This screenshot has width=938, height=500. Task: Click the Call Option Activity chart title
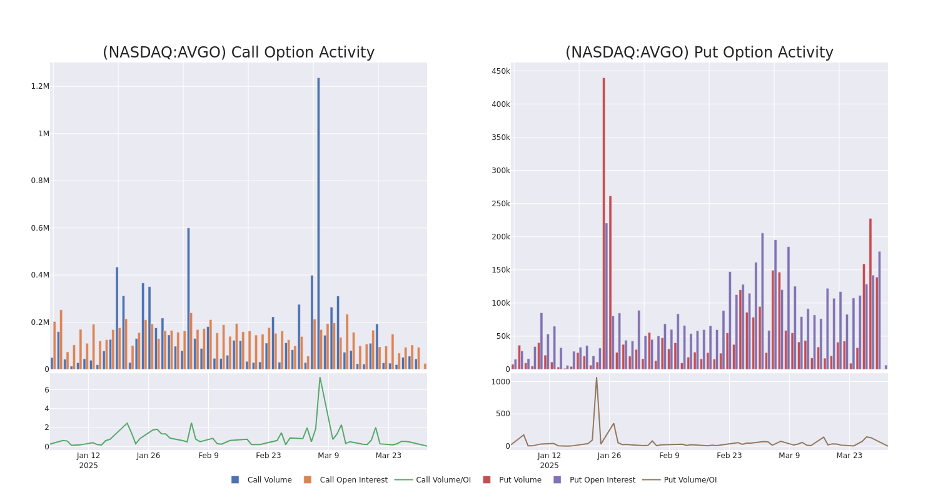pos(238,53)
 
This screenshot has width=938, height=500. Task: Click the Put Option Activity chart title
pos(698,53)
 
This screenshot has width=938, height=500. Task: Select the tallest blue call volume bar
pos(318,225)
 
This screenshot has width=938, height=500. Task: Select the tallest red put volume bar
pos(603,225)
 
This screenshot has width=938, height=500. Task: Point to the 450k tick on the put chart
pos(501,71)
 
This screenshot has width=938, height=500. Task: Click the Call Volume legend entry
pos(261,480)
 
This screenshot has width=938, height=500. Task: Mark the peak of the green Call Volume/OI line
pos(320,377)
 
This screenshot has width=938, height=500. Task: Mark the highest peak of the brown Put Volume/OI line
pos(596,377)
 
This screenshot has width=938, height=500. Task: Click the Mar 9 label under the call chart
pos(328,456)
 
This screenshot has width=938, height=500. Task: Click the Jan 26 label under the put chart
pos(609,456)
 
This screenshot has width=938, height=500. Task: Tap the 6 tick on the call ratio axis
pos(46,390)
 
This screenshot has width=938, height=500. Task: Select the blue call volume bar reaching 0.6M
pos(188,299)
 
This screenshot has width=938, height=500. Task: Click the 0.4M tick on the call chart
pos(40,275)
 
